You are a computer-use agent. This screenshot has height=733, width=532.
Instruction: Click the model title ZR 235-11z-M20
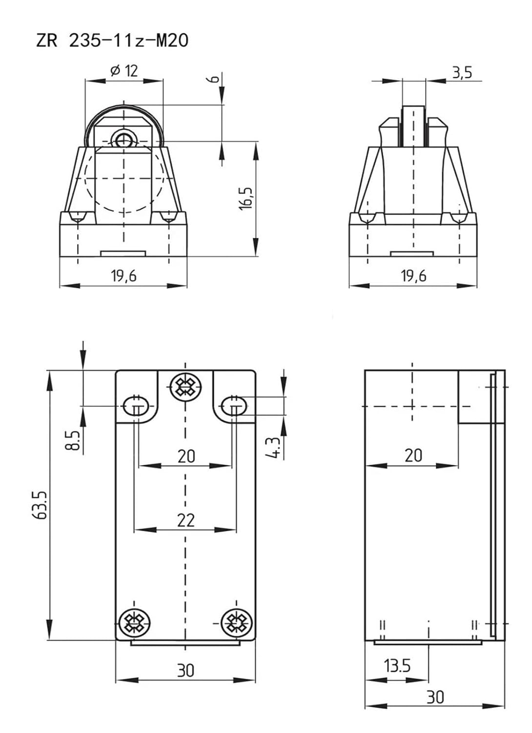point(112,40)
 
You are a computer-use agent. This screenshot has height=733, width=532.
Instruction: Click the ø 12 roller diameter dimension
point(124,71)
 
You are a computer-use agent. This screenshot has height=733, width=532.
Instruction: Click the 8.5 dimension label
point(73,440)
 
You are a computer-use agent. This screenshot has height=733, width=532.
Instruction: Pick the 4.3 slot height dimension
point(276,447)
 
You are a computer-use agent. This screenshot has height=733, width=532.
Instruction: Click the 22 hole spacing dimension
point(185,520)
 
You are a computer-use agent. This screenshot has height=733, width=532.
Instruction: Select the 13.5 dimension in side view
point(397,666)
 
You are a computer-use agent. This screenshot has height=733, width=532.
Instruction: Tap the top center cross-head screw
point(185,387)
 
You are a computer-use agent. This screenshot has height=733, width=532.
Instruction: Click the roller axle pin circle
point(123,140)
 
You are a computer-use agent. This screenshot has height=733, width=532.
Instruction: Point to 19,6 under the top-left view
point(123,276)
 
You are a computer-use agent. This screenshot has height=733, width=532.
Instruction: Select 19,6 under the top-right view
point(413,276)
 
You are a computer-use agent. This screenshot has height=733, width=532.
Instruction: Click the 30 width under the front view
point(185,670)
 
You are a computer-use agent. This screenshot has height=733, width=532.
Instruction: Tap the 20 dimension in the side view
point(413,455)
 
